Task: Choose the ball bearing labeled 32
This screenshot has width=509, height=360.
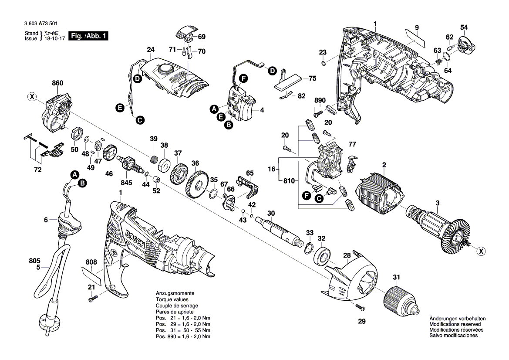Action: pos(324,257)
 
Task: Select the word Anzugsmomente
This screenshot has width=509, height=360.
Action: pos(175,294)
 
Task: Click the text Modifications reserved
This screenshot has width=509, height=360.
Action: pos(455,324)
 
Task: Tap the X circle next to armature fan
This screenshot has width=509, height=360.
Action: pos(481,251)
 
